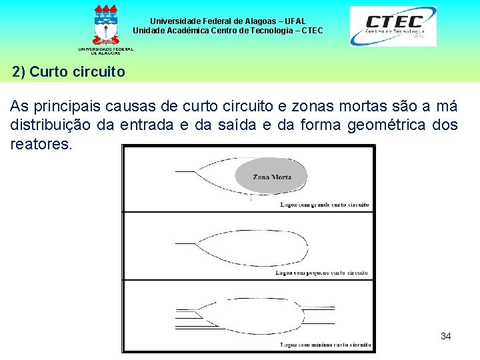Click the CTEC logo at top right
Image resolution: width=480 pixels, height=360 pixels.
tap(393, 26)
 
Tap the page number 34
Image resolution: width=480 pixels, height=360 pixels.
tap(446, 336)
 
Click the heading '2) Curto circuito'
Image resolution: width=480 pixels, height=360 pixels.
tap(68, 71)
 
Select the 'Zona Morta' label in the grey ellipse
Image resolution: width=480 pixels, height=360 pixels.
tap(271, 177)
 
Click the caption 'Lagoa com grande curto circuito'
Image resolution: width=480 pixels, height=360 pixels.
tap(325, 205)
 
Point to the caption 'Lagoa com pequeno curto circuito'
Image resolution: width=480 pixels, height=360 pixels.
tap(322, 273)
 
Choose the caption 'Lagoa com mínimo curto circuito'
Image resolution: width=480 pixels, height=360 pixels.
tap(325, 345)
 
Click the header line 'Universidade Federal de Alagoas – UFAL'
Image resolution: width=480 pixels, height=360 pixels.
tap(227, 21)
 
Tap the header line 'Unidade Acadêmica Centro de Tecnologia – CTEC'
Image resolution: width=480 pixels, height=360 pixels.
tap(227, 31)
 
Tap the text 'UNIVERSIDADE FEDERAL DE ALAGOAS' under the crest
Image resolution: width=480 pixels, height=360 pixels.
tap(105, 51)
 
